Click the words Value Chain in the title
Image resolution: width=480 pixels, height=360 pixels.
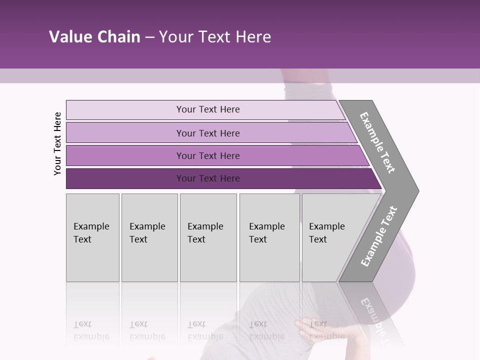[x=94, y=37]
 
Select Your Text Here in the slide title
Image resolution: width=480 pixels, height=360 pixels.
[x=215, y=37]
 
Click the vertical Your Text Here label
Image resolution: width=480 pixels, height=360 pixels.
[x=57, y=144]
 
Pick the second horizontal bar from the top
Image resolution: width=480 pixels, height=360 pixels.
[x=207, y=133]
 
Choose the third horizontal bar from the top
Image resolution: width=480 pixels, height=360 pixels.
[x=207, y=155]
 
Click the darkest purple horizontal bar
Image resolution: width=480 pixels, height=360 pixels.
[x=207, y=178]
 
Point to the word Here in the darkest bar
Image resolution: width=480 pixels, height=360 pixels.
[x=229, y=178]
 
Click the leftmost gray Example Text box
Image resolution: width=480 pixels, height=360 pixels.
[x=92, y=237]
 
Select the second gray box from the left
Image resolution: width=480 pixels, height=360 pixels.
[x=149, y=237]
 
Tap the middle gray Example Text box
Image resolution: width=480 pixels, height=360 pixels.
[x=208, y=237]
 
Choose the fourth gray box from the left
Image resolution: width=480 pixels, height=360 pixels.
[x=269, y=237]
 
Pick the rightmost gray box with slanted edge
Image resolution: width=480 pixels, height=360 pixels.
[x=330, y=237]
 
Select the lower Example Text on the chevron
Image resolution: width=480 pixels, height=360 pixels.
[x=379, y=236]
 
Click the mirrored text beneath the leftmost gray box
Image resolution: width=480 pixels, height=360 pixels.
[x=91, y=330]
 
